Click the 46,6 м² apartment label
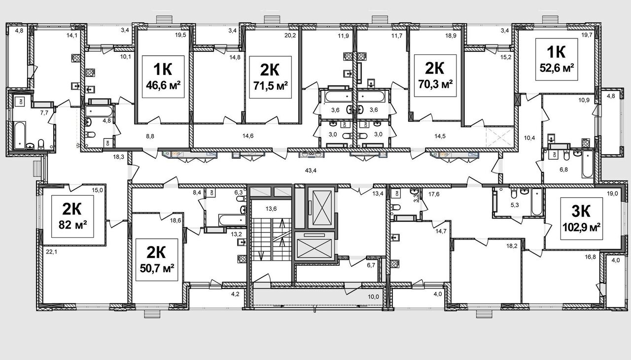point(163,76)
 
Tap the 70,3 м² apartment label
point(435,76)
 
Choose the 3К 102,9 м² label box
point(582,218)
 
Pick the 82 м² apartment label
point(72,216)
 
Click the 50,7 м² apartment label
point(157,260)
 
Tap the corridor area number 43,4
point(311,170)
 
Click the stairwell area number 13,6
point(271,209)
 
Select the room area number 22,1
point(51,252)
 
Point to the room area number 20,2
point(291,35)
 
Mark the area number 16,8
point(590,256)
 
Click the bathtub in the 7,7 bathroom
point(20,135)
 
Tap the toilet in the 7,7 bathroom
point(41,144)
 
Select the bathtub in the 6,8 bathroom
point(587,164)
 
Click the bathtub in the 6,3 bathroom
point(232,220)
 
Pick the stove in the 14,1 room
point(76,58)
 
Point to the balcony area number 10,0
point(373,297)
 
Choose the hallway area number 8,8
point(150,136)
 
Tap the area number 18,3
point(119,157)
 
